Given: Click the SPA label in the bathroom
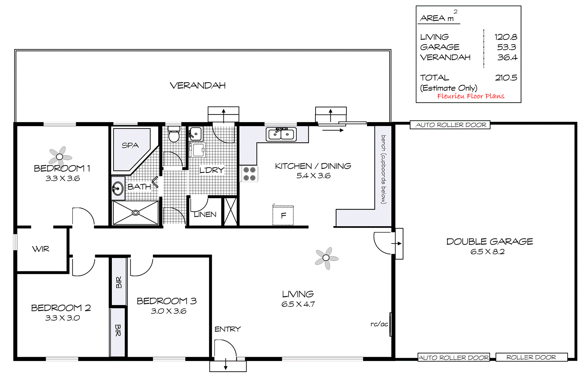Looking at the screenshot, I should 130,145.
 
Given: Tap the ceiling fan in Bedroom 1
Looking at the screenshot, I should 60,156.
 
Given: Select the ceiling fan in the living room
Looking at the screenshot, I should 326,258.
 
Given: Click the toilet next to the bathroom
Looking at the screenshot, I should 174,135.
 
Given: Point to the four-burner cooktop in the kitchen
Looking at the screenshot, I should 249,174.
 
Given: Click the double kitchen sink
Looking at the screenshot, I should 281,134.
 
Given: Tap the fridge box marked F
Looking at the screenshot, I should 283,215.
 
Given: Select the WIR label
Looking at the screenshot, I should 41,249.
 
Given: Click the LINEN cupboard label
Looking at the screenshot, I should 205,215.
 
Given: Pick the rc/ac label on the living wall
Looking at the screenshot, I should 379,324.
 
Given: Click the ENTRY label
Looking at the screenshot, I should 228,329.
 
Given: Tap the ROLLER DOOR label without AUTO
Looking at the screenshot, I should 531,357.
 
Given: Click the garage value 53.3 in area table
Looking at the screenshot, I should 507,47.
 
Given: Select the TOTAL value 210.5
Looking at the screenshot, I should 506,78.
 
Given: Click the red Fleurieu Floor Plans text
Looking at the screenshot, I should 471,96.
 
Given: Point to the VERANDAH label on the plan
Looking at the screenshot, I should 198,85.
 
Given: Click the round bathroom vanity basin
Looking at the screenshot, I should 117,189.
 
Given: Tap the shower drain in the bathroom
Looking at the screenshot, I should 135,213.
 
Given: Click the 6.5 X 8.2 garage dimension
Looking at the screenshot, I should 487,252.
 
